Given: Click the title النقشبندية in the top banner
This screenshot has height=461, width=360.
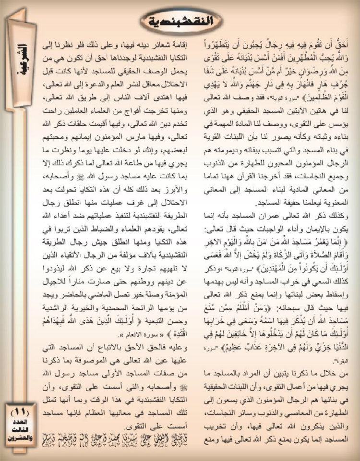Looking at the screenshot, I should click(180, 21).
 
